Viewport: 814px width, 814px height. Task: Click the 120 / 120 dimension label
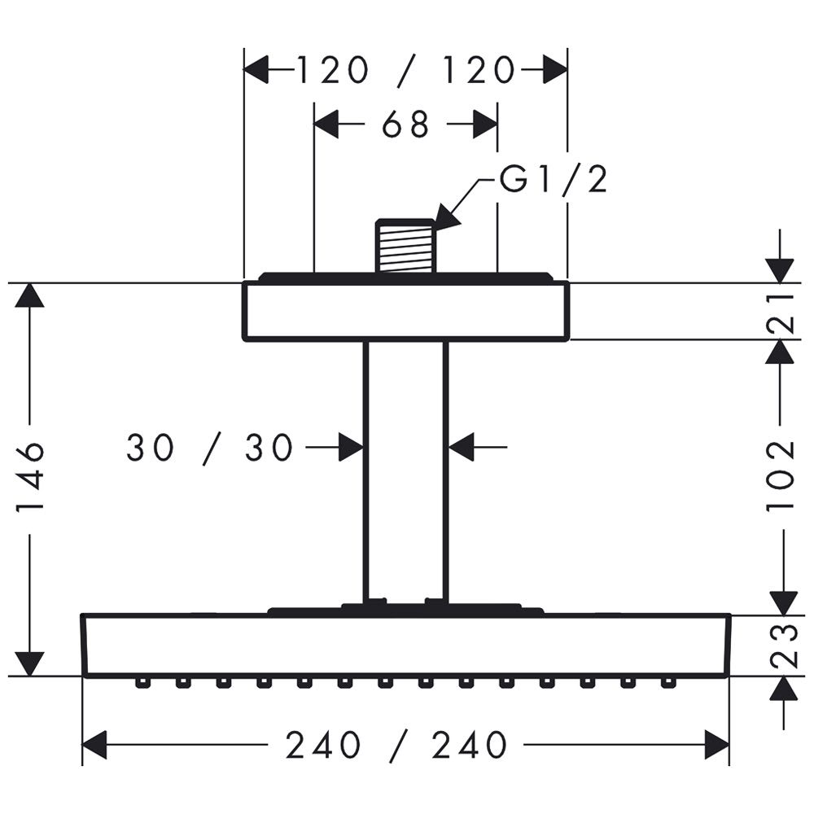[x=405, y=71]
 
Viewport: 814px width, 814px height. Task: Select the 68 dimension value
[x=405, y=125]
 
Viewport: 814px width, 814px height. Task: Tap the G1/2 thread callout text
[x=554, y=180]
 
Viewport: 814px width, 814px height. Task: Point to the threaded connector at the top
[x=405, y=246]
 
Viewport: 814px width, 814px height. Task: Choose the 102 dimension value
[x=781, y=475]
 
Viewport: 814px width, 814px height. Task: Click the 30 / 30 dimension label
[x=210, y=448]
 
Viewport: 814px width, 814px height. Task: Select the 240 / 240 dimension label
[x=396, y=746]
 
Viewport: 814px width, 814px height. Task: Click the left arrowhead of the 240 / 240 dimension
[x=95, y=745]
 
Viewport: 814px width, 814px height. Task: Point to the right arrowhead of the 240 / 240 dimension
[x=717, y=745]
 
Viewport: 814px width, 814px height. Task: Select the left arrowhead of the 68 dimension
[x=327, y=124]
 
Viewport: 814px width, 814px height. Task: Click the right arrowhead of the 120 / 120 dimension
[x=555, y=69]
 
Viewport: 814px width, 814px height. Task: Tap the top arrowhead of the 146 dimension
[x=29, y=295]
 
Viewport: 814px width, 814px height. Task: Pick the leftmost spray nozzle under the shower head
[x=142, y=683]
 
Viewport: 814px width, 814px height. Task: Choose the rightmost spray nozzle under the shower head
[x=668, y=683]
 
